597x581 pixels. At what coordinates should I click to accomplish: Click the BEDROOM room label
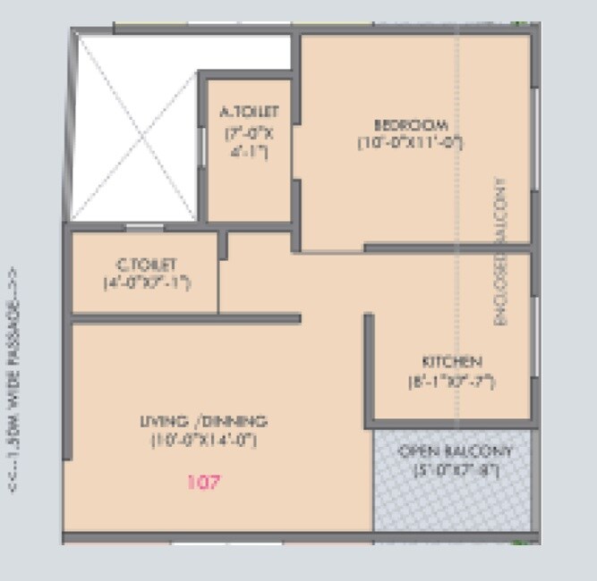tap(411, 123)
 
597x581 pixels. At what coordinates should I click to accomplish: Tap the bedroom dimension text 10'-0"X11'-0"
tap(411, 141)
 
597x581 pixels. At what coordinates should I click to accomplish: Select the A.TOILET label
tap(250, 112)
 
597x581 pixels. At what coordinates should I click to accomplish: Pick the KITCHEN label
tap(452, 362)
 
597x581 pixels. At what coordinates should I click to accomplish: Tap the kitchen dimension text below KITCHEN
tap(451, 381)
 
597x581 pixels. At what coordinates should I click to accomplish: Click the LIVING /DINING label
tap(205, 421)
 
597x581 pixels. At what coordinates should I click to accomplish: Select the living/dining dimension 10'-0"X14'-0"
tap(205, 440)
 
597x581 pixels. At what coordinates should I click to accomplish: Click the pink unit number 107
tap(204, 483)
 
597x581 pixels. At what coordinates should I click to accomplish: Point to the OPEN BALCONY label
tap(456, 450)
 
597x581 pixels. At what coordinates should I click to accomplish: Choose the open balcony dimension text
tap(456, 469)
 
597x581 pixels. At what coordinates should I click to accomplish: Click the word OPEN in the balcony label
tap(418, 450)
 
